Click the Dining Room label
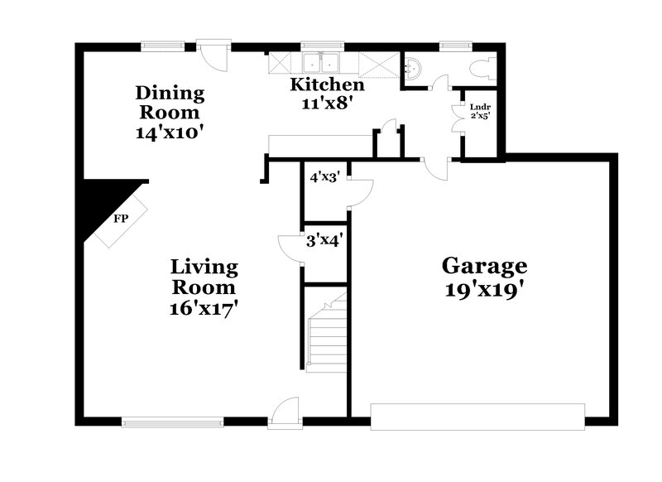click(170, 102)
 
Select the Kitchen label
click(326, 85)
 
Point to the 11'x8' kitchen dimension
click(326, 104)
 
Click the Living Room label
click(204, 277)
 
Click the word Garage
click(484, 266)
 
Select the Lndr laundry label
click(479, 107)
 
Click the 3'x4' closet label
click(325, 241)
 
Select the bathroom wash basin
click(413, 68)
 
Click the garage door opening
click(477, 417)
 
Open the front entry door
click(283, 412)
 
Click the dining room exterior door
click(214, 55)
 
